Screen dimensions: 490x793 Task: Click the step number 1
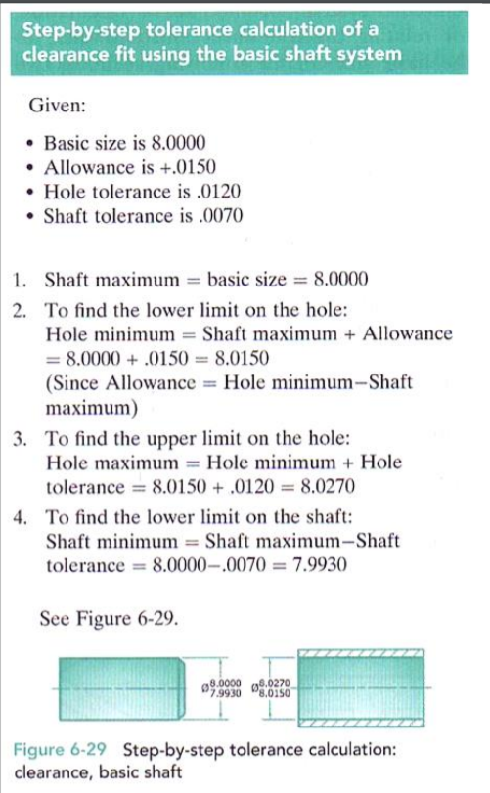[x=21, y=281]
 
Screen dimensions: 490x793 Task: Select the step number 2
[x=21, y=310]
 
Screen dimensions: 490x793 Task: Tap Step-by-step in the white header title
[x=80, y=31]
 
